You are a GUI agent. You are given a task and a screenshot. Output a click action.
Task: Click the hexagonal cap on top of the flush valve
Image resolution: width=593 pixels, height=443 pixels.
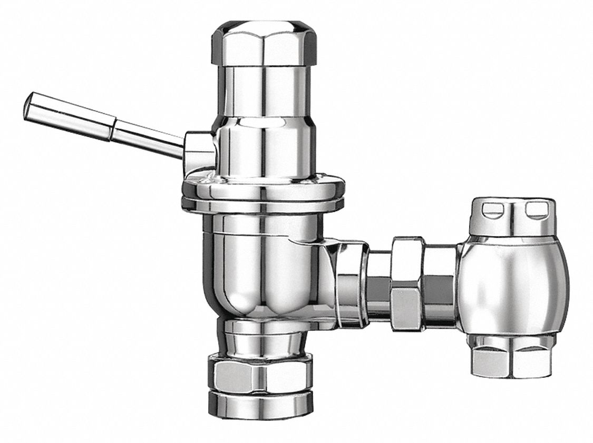pos(264,42)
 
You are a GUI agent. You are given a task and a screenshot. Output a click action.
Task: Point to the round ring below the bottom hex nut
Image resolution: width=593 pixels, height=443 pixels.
pos(262,403)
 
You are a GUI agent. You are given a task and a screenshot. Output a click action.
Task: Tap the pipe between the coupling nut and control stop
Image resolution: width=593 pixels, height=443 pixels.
pos(440,284)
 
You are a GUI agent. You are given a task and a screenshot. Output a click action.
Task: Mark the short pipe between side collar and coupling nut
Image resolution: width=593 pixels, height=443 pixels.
pos(378,284)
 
